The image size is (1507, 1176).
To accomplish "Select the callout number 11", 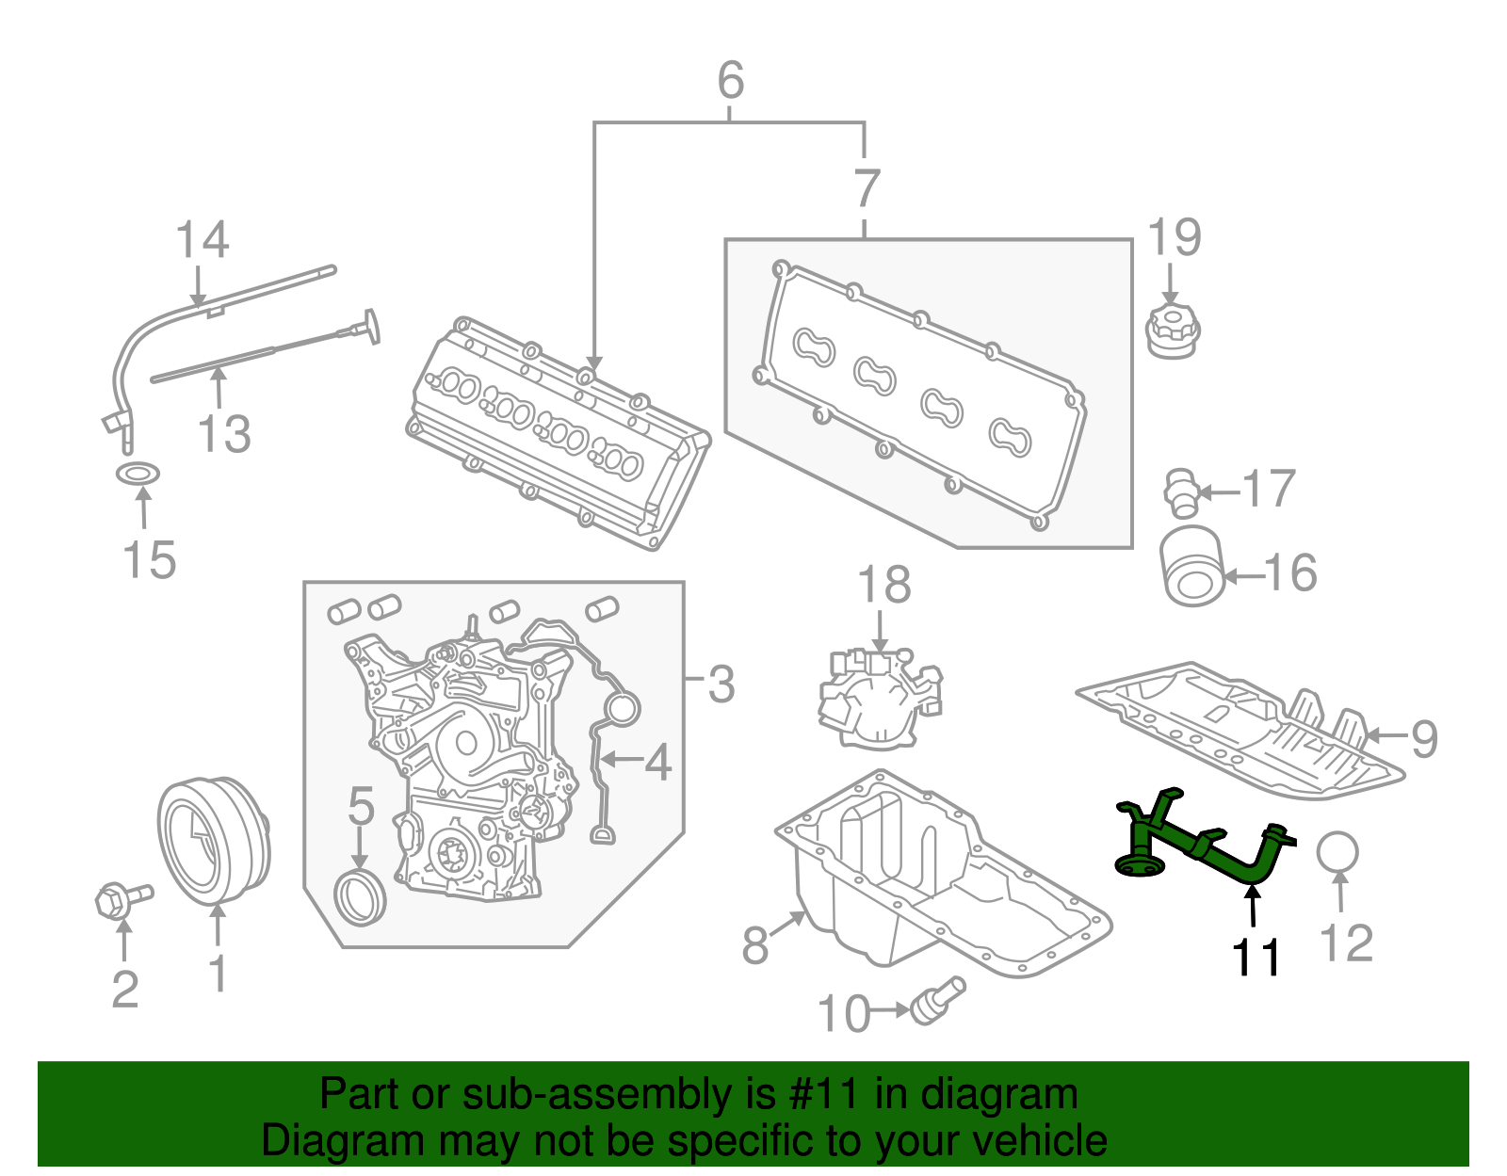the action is click(1256, 959).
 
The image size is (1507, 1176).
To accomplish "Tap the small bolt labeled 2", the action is click(122, 900).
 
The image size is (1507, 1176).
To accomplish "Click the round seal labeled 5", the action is click(359, 898).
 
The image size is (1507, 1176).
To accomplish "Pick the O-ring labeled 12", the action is click(1337, 852).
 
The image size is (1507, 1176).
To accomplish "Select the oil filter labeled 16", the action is click(1191, 566).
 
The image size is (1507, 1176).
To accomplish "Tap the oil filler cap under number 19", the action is click(1172, 333).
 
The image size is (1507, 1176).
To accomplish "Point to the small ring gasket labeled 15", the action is click(138, 475).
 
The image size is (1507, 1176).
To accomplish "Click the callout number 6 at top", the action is click(731, 80).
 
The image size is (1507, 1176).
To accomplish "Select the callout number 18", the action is click(884, 584).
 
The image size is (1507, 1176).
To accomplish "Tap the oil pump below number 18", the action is click(880, 699).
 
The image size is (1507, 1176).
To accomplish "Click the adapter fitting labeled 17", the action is click(1180, 492).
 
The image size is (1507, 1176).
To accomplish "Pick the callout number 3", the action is click(721, 684).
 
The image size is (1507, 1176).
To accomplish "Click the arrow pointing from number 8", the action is click(786, 924).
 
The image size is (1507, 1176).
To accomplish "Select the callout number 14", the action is click(202, 240).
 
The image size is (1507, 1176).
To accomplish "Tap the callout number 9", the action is click(1425, 739).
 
